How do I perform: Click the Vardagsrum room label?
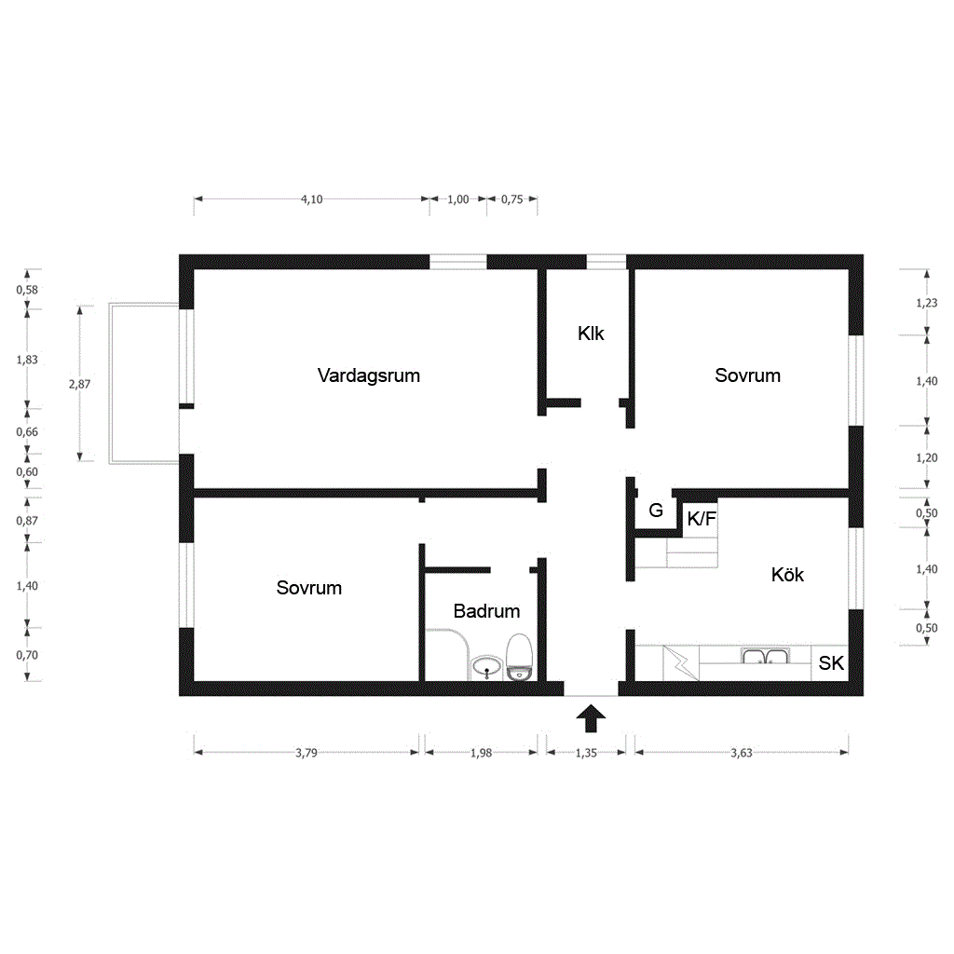pos(369,375)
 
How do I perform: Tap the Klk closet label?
pos(591,334)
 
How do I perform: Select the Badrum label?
pos(486,611)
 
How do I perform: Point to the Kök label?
pos(787,574)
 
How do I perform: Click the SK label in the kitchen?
pos(831,663)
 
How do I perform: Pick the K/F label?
pos(702,519)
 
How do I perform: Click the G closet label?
pos(656,510)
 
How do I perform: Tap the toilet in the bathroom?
pos(519,657)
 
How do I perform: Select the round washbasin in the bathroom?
pos(486,667)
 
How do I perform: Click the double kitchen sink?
pos(765,656)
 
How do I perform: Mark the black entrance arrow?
pos(591,718)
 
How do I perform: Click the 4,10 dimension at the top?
pos(311,199)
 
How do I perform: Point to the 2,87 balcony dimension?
pos(80,384)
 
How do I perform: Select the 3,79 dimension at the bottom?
pos(307,753)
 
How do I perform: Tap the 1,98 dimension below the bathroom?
pos(482,753)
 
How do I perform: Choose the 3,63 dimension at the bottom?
pos(742,753)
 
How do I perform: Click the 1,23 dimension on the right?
pos(927,303)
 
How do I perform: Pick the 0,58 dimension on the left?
pos(27,290)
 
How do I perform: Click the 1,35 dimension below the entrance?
pos(587,753)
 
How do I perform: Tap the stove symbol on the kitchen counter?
pos(681,662)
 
